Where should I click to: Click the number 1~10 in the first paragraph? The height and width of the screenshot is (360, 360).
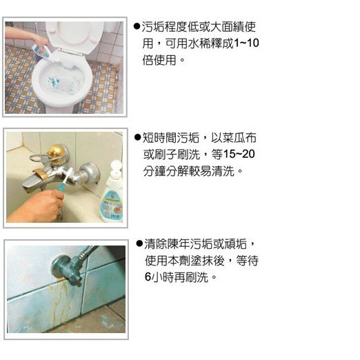[x=246, y=43]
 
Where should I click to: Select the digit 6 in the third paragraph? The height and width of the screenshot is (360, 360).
[x=148, y=277]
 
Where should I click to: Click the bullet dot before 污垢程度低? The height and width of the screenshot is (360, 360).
[x=137, y=27]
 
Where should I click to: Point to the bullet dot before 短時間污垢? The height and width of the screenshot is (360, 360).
[x=137, y=138]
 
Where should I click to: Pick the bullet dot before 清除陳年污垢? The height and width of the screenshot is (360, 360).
[x=139, y=243]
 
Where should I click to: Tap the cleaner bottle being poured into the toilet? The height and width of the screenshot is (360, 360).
[x=42, y=52]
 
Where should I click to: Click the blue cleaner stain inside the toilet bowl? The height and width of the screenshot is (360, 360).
[x=53, y=81]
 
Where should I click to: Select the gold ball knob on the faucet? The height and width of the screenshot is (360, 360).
[x=56, y=152]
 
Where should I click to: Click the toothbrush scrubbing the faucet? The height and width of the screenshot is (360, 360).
[x=66, y=181]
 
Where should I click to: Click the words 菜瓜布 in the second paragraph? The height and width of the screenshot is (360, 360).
[x=239, y=138]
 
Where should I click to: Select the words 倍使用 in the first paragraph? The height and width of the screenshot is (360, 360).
[x=159, y=60]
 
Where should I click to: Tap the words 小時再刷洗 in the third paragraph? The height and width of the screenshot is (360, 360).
[x=180, y=277]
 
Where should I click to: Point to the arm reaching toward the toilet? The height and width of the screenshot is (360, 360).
[x=26, y=37]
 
